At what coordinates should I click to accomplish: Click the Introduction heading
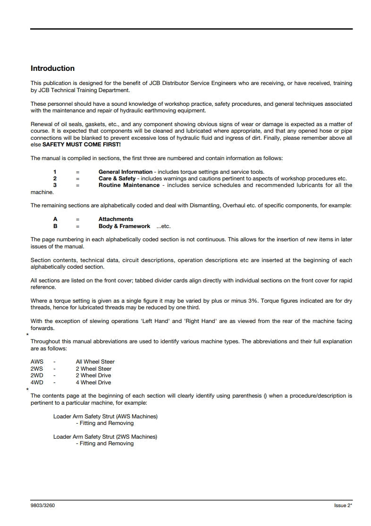pos(52,68)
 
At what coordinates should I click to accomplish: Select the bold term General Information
pos(125,172)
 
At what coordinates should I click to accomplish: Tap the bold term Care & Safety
pos(117,178)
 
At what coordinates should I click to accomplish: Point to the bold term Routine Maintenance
pos(129,185)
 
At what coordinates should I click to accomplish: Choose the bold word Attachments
pos(116,219)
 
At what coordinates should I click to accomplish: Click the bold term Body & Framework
pos(124,226)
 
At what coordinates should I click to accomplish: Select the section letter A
pos(55,219)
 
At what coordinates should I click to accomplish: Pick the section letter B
pos(55,226)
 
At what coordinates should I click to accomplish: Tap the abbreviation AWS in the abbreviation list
pos(37,362)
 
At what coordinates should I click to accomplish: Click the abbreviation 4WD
pos(37,382)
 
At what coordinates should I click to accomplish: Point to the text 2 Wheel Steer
pos(93,369)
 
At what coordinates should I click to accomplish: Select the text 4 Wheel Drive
pos(93,382)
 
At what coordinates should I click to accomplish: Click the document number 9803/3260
pos(43,505)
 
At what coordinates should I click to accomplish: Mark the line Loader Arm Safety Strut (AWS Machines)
pos(105,416)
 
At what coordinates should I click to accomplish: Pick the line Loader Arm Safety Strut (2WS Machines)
pos(105,437)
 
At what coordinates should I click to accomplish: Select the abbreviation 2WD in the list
pos(37,375)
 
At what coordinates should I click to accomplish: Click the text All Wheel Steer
pos(95,362)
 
